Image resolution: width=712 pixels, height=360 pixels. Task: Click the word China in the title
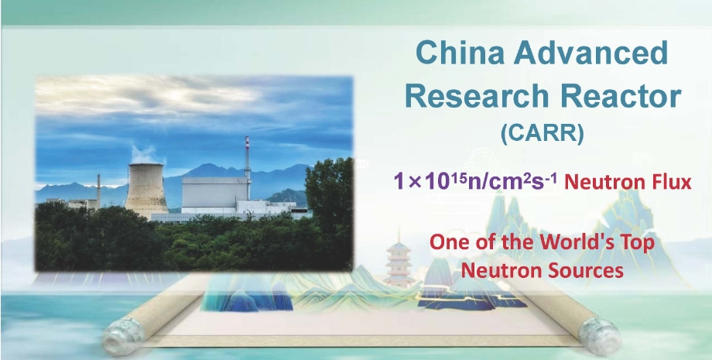[x=459, y=53]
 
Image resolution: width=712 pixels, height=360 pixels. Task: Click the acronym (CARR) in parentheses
[x=542, y=135]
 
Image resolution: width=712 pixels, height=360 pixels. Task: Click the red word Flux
[x=673, y=183]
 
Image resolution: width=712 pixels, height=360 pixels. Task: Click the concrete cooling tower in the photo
[x=146, y=190]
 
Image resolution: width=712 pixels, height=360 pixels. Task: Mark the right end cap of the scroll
[x=601, y=336]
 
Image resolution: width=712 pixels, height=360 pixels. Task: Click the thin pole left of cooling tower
[x=98, y=191]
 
